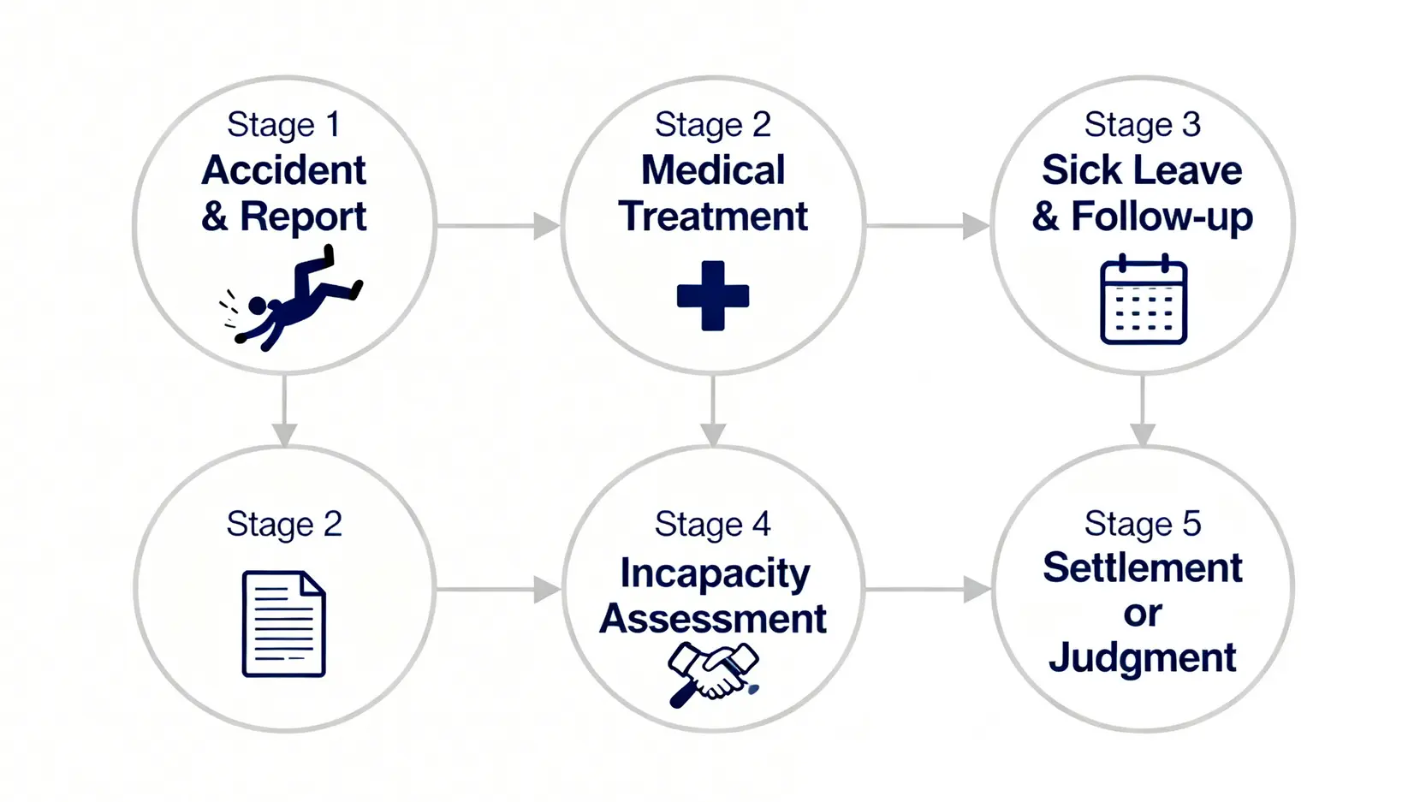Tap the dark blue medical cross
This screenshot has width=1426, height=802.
[713, 296]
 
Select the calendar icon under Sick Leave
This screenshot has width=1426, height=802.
[1143, 300]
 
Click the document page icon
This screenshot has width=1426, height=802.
[284, 624]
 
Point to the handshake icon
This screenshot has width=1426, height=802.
[713, 673]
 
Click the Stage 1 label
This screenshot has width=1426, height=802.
[284, 125]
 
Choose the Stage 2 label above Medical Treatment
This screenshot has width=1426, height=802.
[713, 125]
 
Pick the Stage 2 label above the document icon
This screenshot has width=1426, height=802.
[284, 524]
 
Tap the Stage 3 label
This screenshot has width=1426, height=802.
[1143, 125]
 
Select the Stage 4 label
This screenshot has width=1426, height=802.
[713, 524]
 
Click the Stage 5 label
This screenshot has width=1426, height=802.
[1143, 524]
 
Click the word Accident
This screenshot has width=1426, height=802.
[284, 170]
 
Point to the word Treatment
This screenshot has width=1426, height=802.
[713, 217]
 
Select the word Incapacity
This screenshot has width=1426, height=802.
[715, 573]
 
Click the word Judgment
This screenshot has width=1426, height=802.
[1143, 658]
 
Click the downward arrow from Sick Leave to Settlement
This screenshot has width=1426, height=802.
[1143, 411]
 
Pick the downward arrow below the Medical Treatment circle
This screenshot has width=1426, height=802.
[713, 411]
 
